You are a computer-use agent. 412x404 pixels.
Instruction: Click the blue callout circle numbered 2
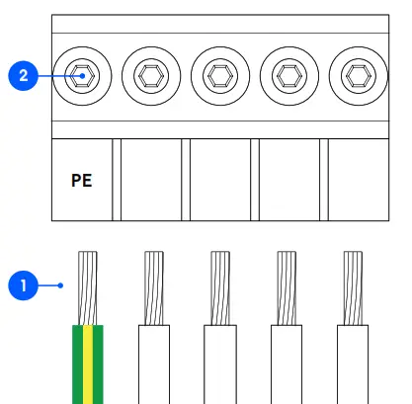tap(23, 74)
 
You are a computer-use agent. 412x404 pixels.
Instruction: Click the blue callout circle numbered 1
tap(23, 286)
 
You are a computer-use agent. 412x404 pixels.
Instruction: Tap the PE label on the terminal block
tap(82, 181)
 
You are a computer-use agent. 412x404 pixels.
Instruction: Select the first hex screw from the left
tap(83, 74)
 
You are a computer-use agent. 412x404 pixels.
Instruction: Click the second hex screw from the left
tap(151, 74)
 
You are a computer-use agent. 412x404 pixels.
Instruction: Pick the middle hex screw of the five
tap(219, 74)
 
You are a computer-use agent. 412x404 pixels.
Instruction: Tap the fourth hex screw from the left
tap(288, 74)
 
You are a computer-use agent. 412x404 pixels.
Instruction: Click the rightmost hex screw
tap(357, 74)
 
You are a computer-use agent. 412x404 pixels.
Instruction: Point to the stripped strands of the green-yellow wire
tap(88, 286)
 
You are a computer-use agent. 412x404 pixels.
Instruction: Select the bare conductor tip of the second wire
tap(154, 286)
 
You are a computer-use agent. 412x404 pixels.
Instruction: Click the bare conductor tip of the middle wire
tap(220, 286)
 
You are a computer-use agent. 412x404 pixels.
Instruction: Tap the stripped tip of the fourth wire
tap(287, 286)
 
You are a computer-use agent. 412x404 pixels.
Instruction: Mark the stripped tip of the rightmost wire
tap(353, 286)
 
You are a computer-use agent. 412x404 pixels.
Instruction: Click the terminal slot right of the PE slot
tap(151, 181)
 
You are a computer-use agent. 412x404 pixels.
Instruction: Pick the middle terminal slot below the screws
tap(219, 181)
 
